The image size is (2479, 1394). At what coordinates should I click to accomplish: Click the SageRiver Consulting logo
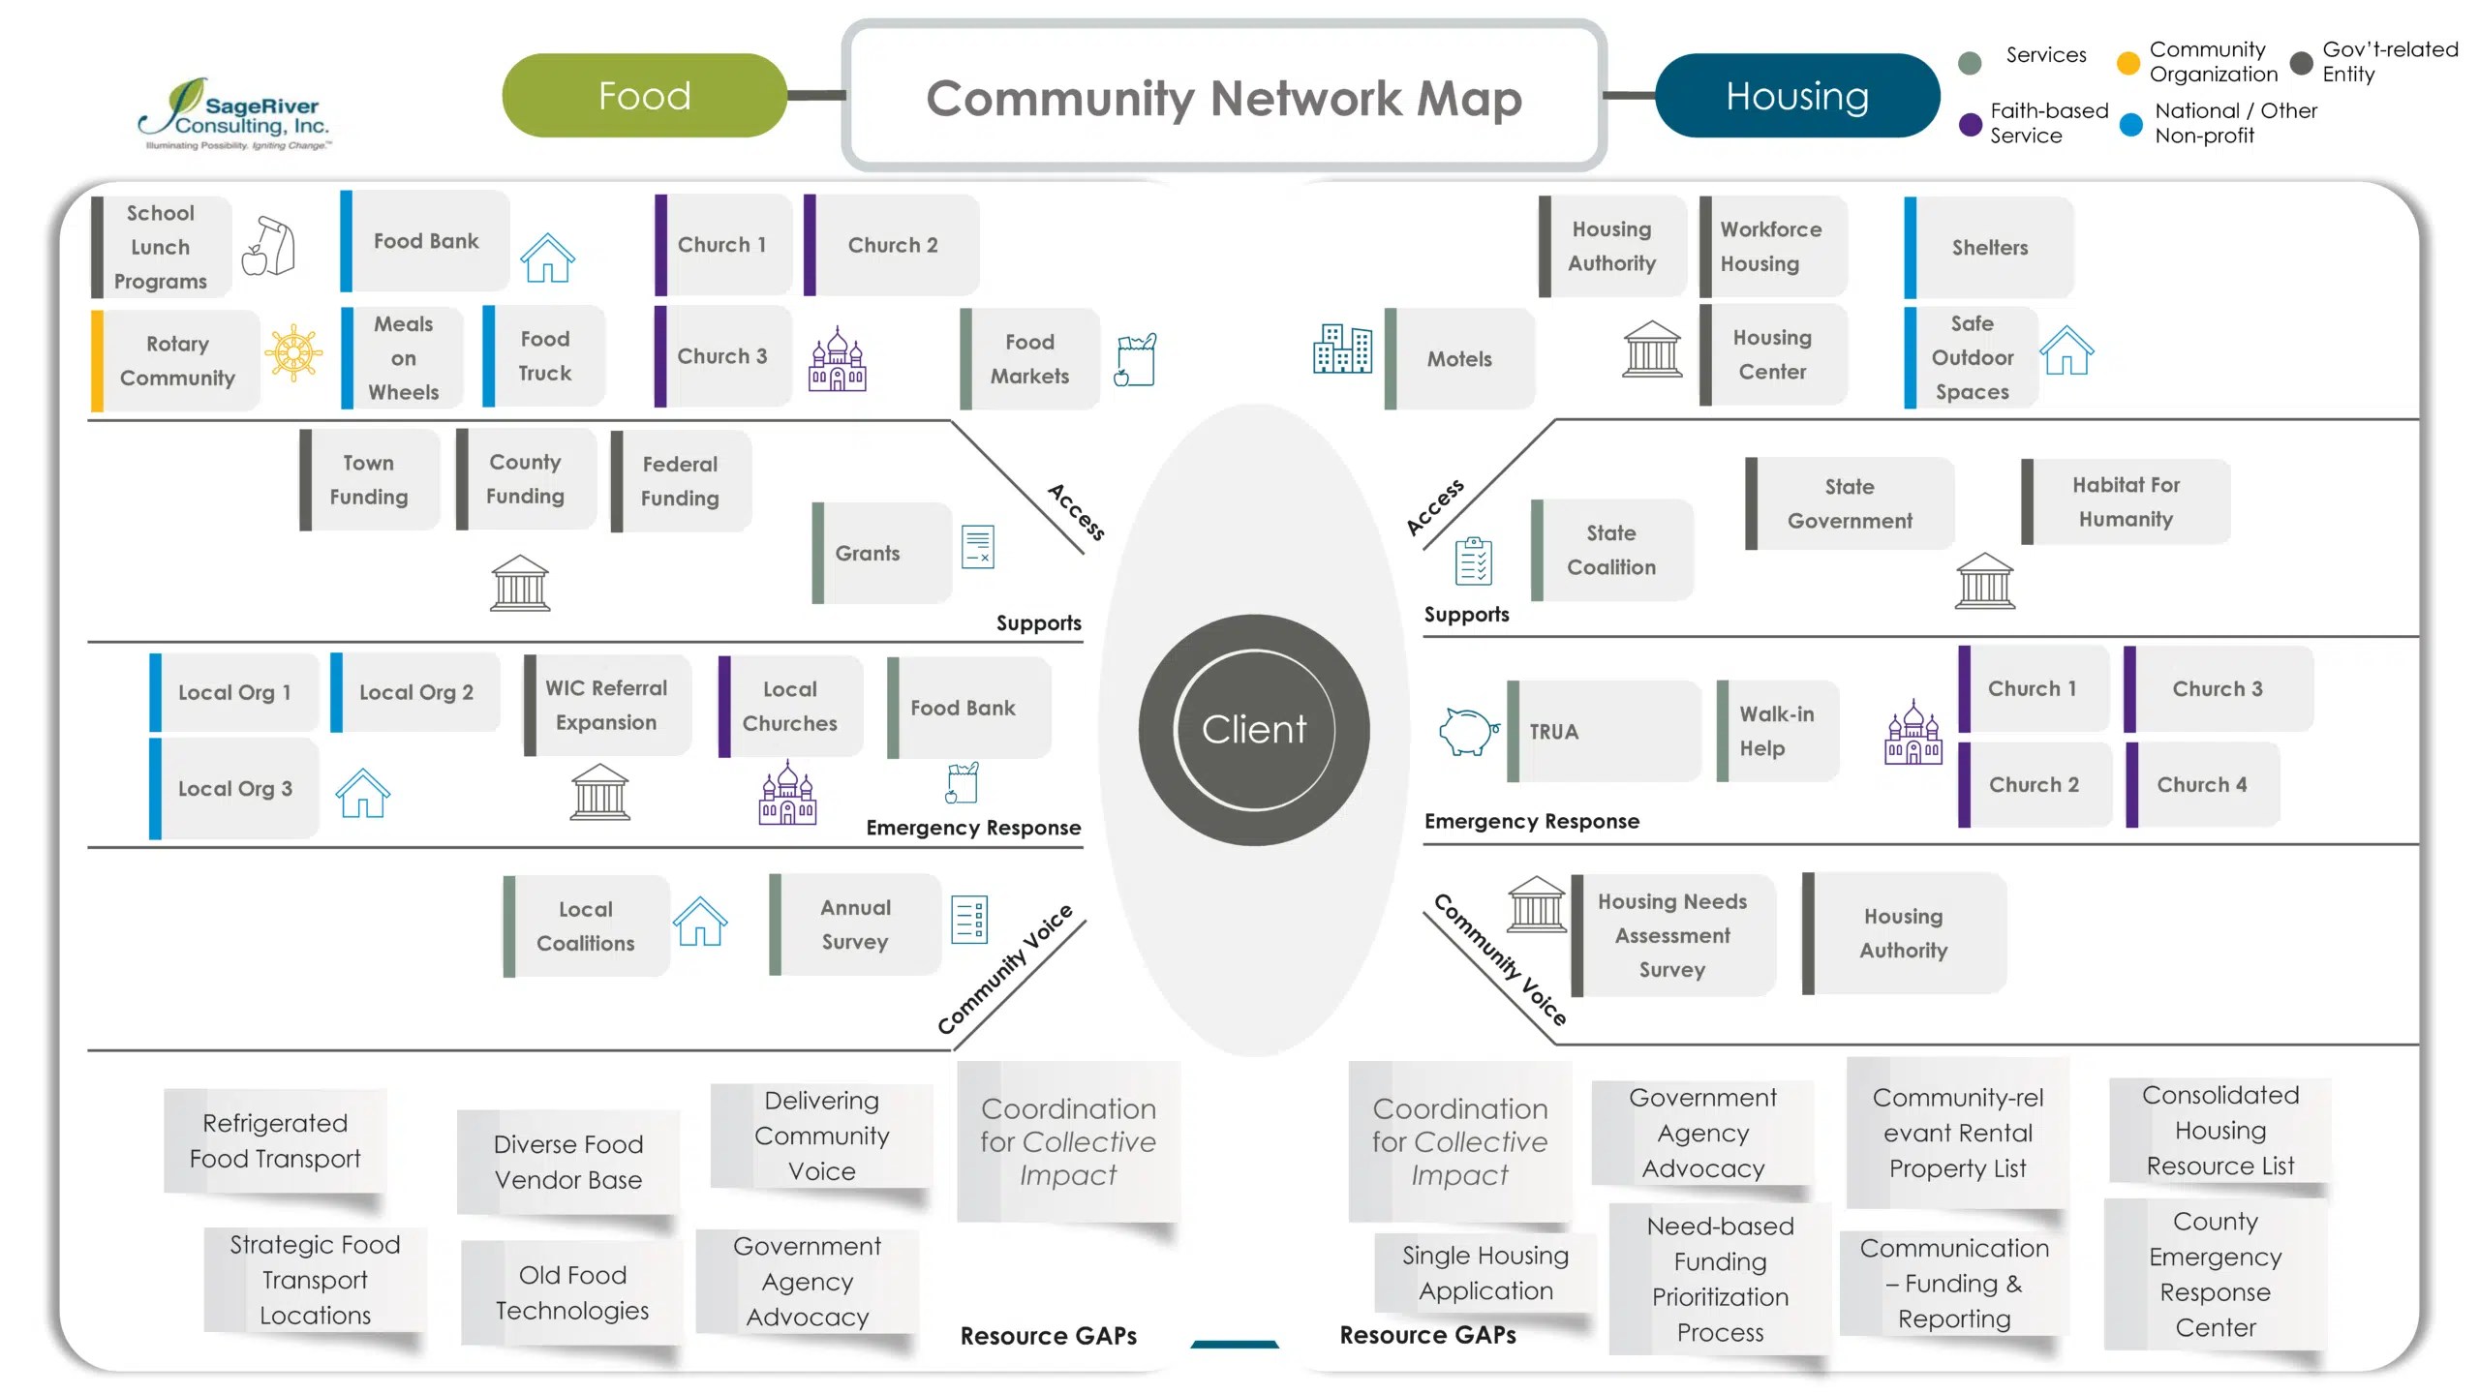(x=234, y=114)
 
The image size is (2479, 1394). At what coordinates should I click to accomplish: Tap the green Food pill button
(x=644, y=96)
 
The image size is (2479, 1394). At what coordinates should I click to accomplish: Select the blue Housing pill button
(x=1797, y=96)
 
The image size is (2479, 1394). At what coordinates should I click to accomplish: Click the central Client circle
(x=1254, y=730)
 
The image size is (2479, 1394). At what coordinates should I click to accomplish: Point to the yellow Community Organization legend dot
(x=2127, y=63)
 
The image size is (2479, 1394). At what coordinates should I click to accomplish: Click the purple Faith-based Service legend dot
(x=1970, y=124)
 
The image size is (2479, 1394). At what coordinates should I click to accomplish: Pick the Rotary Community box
(x=175, y=360)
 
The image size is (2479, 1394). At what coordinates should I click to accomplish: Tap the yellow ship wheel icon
(x=293, y=352)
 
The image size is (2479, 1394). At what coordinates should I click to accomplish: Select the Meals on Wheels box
(x=402, y=357)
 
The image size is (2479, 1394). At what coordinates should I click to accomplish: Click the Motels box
(x=1459, y=358)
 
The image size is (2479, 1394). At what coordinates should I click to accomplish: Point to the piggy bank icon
(x=1469, y=730)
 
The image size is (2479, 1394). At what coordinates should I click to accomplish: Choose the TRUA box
(x=1604, y=731)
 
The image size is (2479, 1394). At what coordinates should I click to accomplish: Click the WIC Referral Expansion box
(x=607, y=705)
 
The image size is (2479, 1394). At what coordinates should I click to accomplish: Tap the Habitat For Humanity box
(x=2126, y=501)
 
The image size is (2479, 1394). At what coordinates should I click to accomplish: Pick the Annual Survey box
(x=855, y=924)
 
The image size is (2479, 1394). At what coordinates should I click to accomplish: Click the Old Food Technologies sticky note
(x=572, y=1292)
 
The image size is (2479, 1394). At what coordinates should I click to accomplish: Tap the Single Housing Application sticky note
(x=1485, y=1273)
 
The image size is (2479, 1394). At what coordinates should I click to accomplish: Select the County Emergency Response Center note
(x=2216, y=1274)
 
